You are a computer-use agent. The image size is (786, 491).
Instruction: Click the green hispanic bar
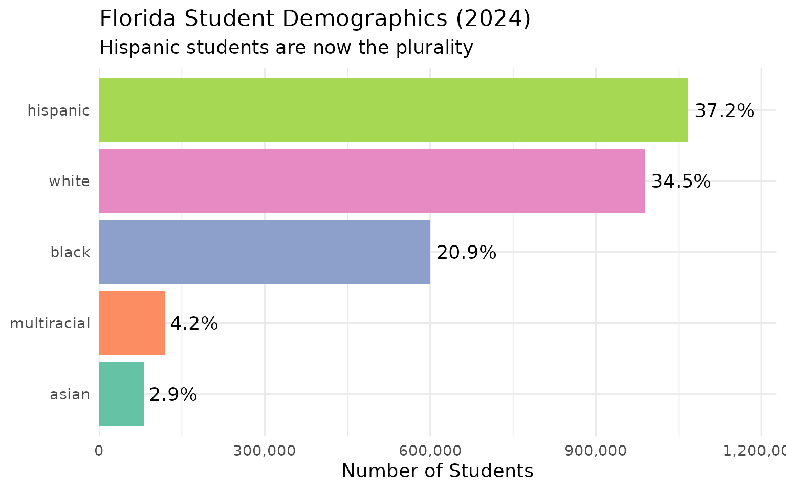[x=393, y=110]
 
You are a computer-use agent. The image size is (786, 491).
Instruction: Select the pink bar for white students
[x=372, y=181]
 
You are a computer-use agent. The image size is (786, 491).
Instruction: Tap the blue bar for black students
[x=265, y=252]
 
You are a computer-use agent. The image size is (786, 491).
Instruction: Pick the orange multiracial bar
[x=132, y=323]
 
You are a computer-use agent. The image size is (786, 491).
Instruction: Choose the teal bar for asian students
[x=121, y=394]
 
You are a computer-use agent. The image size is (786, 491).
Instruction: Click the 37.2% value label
[x=724, y=111]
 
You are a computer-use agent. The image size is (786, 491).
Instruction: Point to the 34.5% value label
[x=681, y=182]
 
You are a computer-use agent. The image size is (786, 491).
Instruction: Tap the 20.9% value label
[x=466, y=253]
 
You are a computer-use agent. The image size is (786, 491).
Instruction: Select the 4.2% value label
[x=194, y=324]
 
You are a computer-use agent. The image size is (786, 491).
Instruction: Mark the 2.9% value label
[x=173, y=395]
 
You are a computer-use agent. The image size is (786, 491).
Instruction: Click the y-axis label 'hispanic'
[x=58, y=110]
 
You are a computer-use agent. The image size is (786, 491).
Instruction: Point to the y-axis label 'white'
[x=69, y=181]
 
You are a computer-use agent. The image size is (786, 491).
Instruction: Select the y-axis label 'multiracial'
[x=50, y=323]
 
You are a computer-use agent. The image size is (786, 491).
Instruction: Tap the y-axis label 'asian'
[x=70, y=395]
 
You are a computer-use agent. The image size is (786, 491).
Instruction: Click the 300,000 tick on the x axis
[x=265, y=451]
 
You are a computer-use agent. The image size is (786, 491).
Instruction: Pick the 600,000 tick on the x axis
[x=430, y=451]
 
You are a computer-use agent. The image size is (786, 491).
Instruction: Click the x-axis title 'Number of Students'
[x=437, y=471]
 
